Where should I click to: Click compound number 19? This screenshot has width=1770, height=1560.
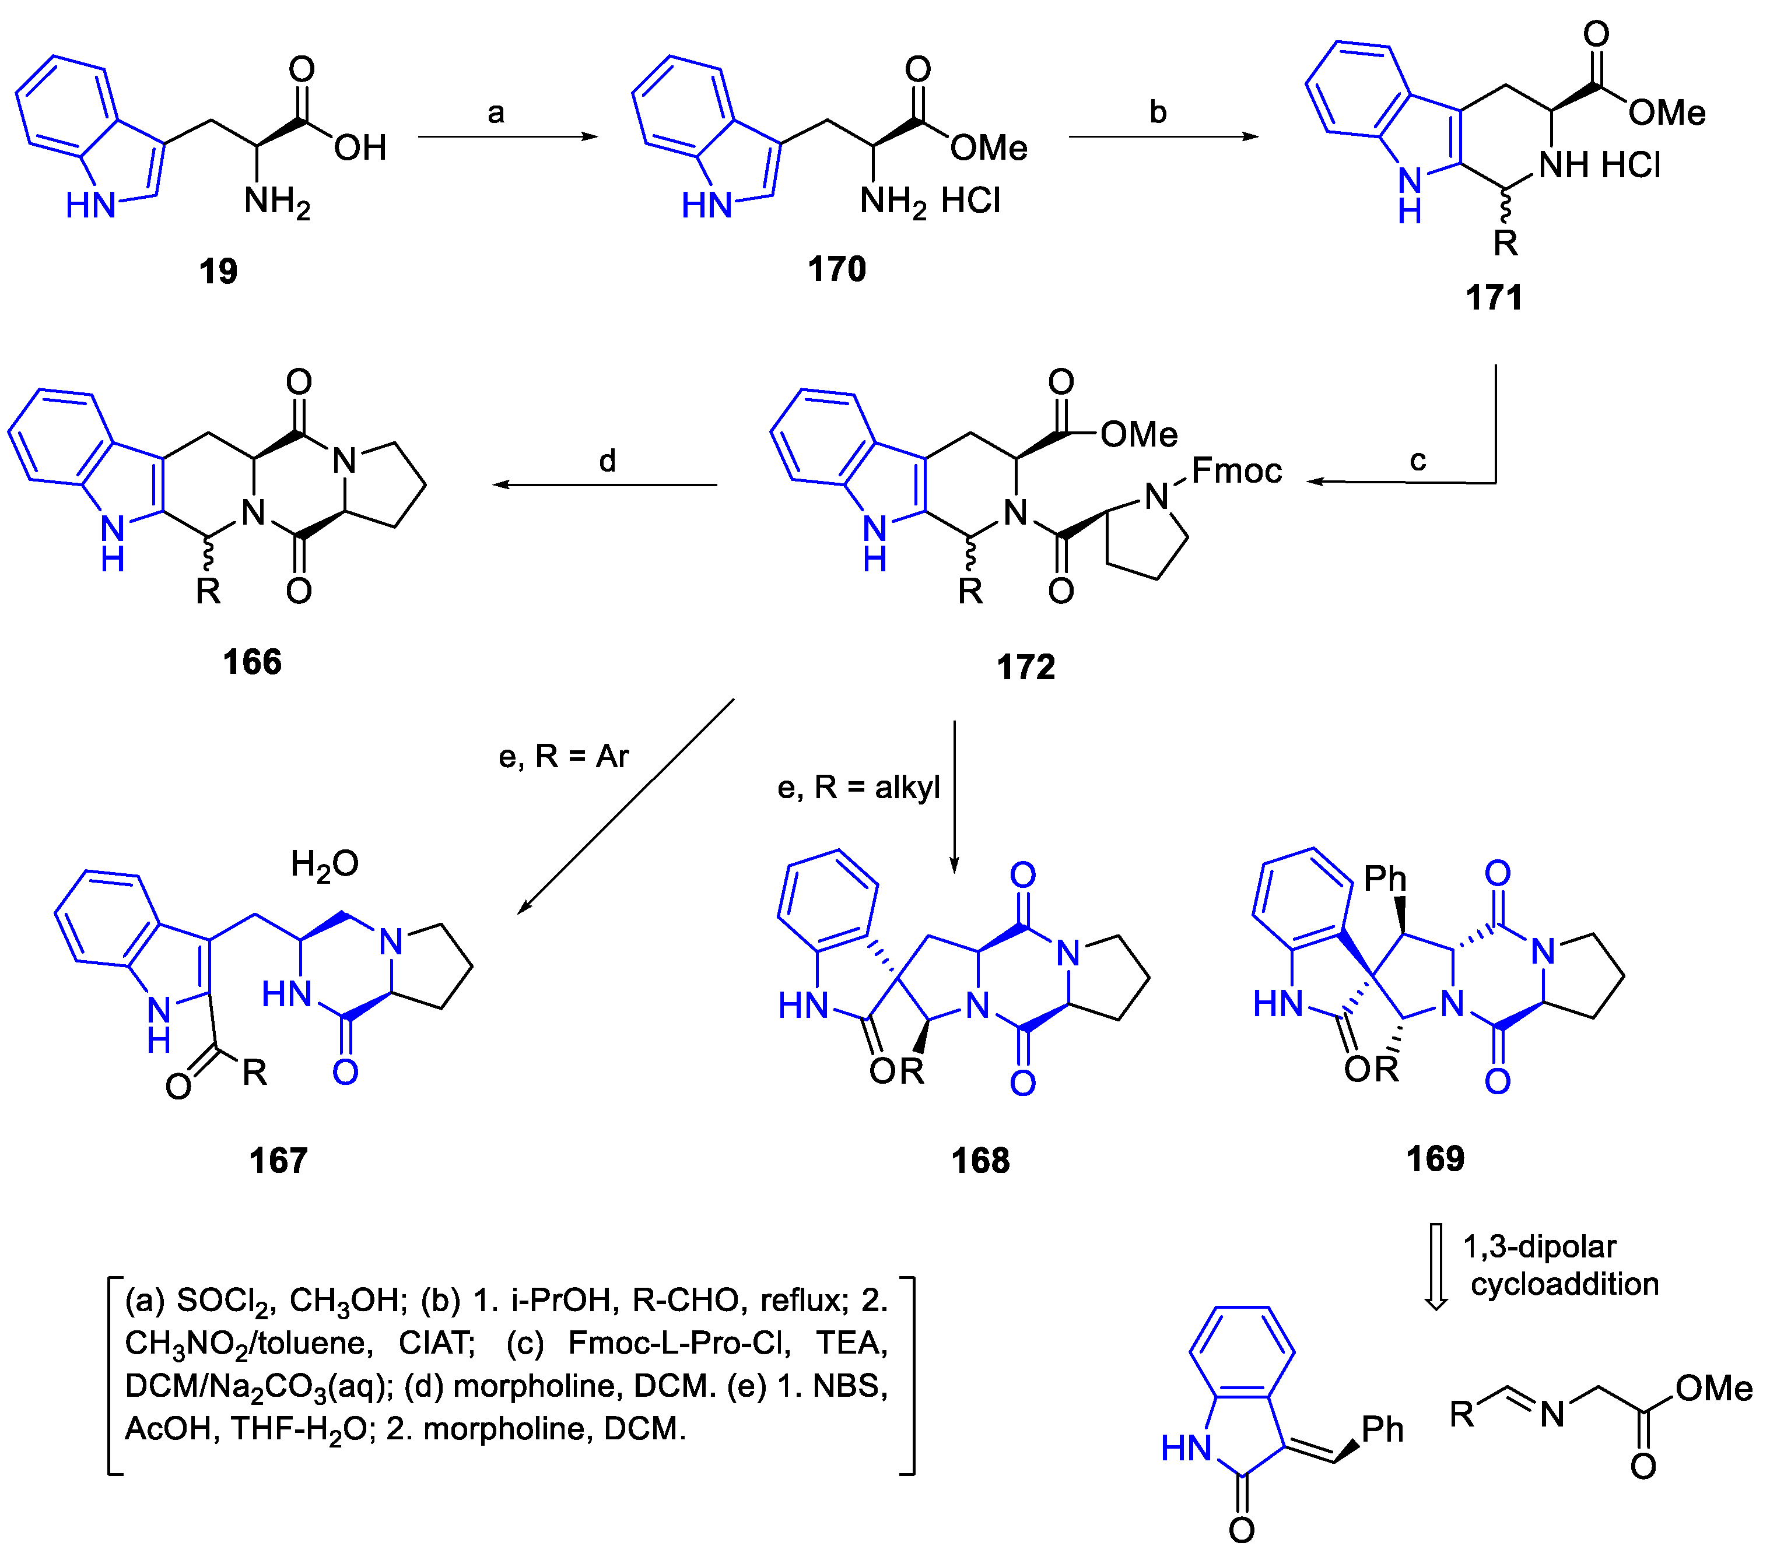point(218,271)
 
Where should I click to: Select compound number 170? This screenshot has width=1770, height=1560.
point(836,269)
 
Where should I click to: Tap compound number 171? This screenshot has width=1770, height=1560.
point(1494,298)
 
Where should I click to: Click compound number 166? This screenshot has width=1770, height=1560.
point(252,662)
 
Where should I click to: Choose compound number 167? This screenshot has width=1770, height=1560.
point(278,1161)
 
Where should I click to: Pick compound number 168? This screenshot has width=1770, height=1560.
point(980,1161)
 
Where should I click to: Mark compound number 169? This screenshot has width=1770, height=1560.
point(1435,1159)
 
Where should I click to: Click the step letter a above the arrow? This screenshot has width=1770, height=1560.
point(495,113)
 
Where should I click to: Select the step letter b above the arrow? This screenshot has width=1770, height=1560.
point(1158,113)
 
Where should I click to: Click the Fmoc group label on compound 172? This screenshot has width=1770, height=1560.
point(1236,471)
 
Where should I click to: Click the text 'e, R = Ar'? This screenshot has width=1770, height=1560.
point(563,757)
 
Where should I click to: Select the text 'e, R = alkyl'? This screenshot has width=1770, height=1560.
point(858,788)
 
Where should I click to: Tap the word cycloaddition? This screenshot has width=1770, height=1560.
point(1564,1284)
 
